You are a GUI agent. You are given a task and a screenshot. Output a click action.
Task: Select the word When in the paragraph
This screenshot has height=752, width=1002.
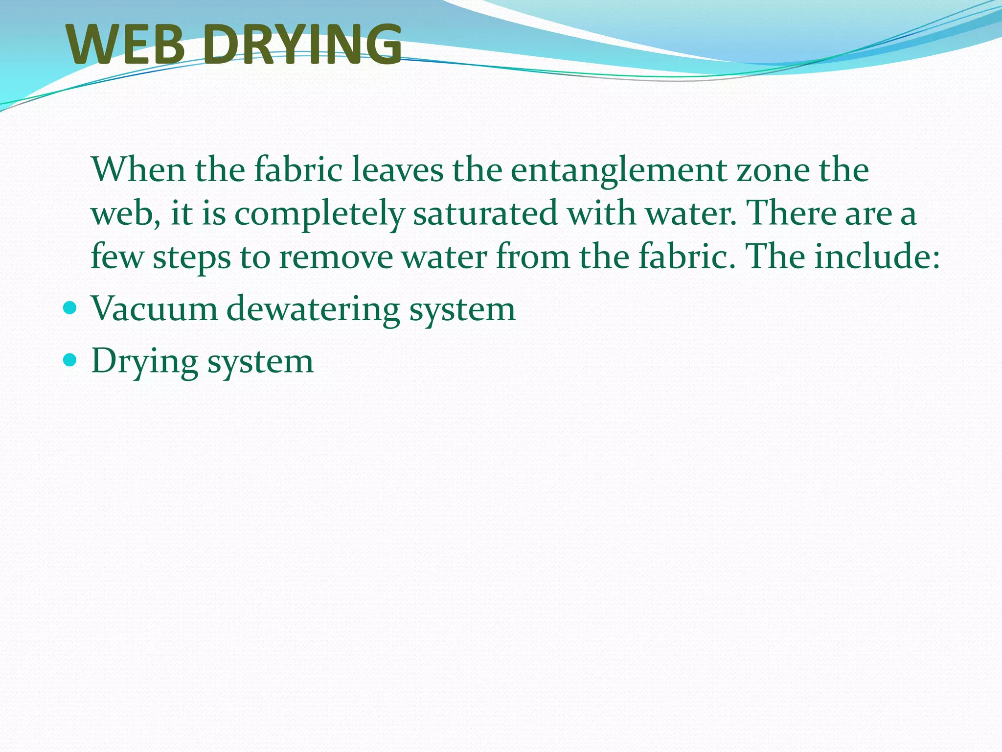(x=138, y=169)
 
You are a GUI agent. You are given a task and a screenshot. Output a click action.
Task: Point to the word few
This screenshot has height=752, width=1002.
(x=117, y=257)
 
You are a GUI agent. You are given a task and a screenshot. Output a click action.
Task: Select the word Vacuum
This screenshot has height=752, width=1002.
(x=154, y=309)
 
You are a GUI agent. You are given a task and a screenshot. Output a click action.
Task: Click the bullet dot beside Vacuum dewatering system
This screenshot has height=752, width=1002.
(x=70, y=308)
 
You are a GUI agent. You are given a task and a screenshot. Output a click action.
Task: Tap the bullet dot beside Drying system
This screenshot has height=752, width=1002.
(x=70, y=360)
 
